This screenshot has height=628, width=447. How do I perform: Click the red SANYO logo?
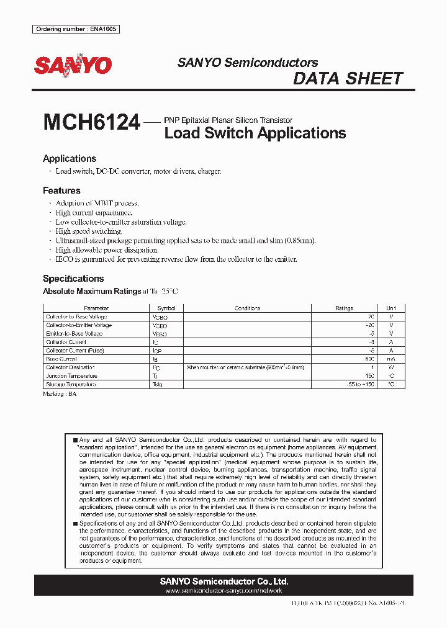pos(73,65)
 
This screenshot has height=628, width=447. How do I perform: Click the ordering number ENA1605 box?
pos(75,29)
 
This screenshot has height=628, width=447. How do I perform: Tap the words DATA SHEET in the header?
pos(348,79)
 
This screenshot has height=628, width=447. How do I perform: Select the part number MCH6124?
pos(91,122)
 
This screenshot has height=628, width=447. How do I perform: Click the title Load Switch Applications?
pos(255,133)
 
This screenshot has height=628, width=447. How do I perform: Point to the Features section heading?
pos(61,191)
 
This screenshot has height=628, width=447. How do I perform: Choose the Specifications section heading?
pos(73,279)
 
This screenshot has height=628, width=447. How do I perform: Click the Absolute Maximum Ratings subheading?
pos(92,291)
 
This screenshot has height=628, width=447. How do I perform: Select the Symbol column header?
pos(166,308)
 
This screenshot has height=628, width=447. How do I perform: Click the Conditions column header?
pos(247,308)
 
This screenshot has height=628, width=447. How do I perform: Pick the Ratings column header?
pos(344,308)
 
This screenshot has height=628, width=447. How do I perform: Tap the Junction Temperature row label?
pos(71,376)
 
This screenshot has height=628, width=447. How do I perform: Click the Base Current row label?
pos(61,359)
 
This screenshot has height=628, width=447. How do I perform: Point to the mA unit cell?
pos(391,359)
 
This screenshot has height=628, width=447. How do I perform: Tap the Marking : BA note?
pos(60,394)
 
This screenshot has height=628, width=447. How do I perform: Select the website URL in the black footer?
pos(223,591)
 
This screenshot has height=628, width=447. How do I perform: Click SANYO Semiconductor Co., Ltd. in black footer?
pos(223,581)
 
